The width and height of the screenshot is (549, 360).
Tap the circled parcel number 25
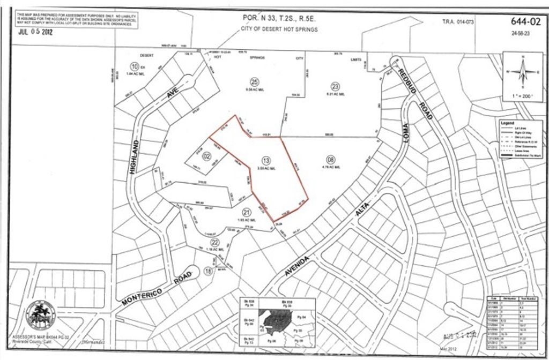pos(255,81)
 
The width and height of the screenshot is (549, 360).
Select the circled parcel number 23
pos(336,86)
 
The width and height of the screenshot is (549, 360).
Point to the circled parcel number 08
pos(330,159)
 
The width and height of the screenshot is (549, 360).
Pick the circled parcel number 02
pos(192,156)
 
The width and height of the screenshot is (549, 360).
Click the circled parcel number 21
pos(247,211)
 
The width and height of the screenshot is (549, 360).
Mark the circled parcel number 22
pos(200,242)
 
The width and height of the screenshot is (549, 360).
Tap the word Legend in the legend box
pos(507,123)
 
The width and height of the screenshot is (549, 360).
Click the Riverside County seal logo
pos(41,315)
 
